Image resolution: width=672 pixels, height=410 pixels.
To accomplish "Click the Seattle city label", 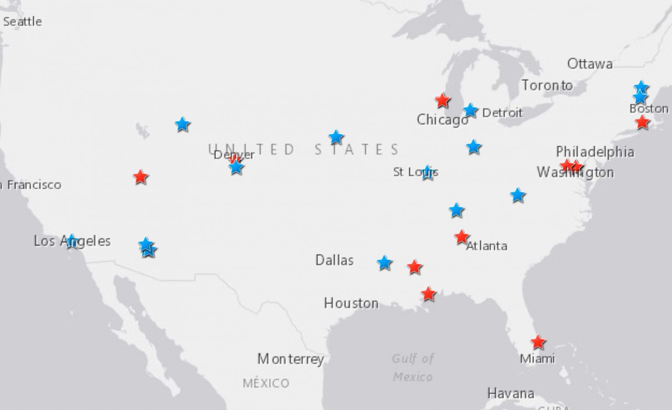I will pyautogui.click(x=22, y=21).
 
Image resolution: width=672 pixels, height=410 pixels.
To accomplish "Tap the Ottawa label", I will pyautogui.click(x=589, y=64).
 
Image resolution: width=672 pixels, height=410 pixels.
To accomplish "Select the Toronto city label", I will pyautogui.click(x=546, y=85).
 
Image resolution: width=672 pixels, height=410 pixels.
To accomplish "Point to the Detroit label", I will pyautogui.click(x=502, y=113).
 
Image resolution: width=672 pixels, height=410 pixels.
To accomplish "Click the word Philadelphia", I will pyautogui.click(x=595, y=152).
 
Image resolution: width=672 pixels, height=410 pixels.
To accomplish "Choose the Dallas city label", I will pyautogui.click(x=334, y=261).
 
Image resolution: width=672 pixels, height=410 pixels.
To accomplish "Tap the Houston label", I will pyautogui.click(x=351, y=303).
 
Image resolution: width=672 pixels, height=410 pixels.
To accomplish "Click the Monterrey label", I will pyautogui.click(x=290, y=359).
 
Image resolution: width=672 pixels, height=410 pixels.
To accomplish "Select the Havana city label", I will pyautogui.click(x=511, y=393).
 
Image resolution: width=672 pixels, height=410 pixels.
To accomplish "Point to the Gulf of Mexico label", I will pyautogui.click(x=413, y=368).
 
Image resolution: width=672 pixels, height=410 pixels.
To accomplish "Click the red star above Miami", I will pyautogui.click(x=538, y=342).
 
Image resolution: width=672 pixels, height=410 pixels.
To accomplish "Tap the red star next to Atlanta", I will pyautogui.click(x=461, y=237).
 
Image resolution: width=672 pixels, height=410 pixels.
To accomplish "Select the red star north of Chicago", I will pyautogui.click(x=442, y=101).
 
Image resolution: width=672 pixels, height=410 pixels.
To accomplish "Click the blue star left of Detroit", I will pyautogui.click(x=470, y=111).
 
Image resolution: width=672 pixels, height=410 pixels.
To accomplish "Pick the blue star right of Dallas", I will pyautogui.click(x=384, y=263).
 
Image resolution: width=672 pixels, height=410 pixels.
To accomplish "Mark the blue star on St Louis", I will pyautogui.click(x=427, y=173).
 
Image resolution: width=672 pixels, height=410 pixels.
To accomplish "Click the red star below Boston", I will pyautogui.click(x=642, y=122).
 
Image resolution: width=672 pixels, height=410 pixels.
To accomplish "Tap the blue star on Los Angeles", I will pyautogui.click(x=72, y=241).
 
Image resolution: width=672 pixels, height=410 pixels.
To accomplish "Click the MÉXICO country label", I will pyautogui.click(x=266, y=383).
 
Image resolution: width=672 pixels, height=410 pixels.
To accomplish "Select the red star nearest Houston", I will pyautogui.click(x=428, y=294).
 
